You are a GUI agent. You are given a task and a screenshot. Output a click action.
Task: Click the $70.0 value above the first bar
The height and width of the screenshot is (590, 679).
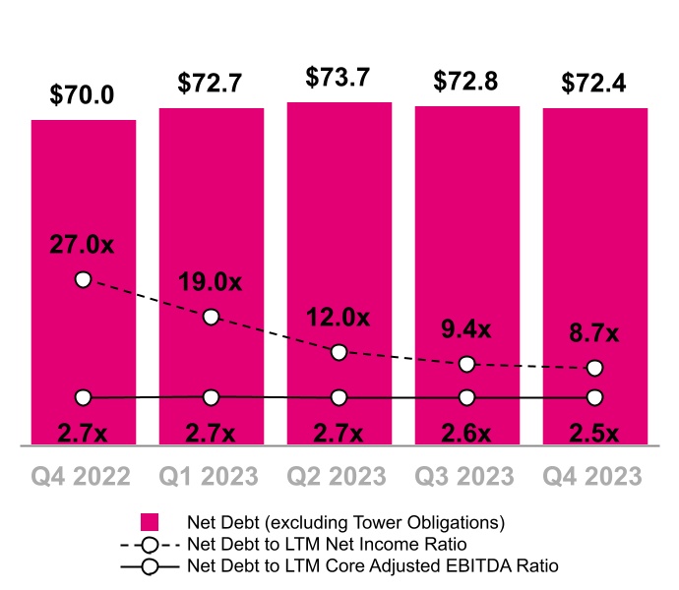click(83, 95)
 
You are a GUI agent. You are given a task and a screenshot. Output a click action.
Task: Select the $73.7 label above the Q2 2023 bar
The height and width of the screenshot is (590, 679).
click(339, 78)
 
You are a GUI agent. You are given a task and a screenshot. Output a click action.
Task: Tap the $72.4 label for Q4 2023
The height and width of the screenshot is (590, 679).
click(594, 84)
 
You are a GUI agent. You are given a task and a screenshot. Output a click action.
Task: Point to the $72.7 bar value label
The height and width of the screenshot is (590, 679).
click(211, 84)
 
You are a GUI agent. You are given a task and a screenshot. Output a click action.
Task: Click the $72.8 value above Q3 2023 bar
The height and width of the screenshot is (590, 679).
click(466, 84)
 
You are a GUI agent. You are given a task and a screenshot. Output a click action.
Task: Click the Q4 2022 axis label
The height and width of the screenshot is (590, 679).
click(83, 476)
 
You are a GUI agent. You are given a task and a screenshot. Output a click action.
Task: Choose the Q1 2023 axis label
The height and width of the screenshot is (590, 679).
click(211, 476)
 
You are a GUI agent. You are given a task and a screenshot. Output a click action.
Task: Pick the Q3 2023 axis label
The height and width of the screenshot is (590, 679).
click(466, 476)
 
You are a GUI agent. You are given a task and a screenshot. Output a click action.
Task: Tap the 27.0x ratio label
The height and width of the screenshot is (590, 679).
click(83, 244)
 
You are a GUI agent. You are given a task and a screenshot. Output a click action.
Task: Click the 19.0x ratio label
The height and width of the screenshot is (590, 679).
click(211, 282)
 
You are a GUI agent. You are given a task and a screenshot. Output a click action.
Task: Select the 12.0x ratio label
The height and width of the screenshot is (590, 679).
click(339, 318)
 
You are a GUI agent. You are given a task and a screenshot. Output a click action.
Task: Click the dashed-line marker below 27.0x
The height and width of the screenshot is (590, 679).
click(83, 279)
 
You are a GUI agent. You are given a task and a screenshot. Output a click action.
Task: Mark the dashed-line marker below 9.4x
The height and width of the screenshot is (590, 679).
click(466, 364)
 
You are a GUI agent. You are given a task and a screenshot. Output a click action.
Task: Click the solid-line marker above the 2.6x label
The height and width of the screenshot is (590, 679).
click(466, 397)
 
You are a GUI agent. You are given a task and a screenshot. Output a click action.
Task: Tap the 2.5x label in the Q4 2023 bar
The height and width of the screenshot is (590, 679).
click(594, 433)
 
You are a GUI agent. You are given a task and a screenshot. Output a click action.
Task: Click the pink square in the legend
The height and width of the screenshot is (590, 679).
click(150, 522)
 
